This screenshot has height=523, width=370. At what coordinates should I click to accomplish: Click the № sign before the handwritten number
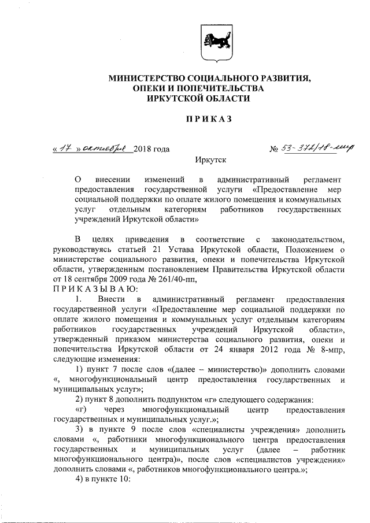[x=274, y=150]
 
